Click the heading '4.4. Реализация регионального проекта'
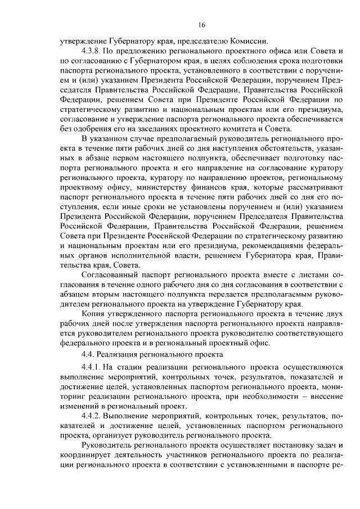[x=153, y=354]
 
